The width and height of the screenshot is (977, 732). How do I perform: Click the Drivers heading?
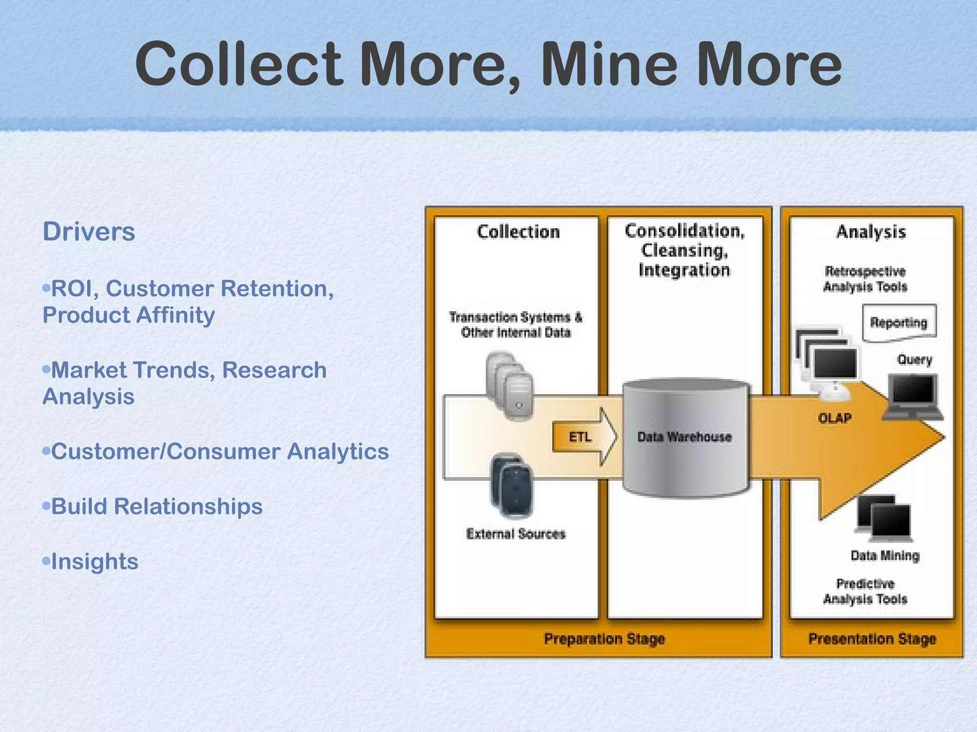(89, 232)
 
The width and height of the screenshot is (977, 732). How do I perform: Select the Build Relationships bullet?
(156, 507)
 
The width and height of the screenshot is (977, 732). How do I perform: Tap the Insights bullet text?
(94, 561)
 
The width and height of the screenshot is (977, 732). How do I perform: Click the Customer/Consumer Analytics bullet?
(219, 452)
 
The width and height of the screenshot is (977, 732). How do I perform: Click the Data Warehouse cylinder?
(685, 437)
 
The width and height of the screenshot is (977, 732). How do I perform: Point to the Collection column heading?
(518, 232)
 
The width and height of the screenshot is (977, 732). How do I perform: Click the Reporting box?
(899, 323)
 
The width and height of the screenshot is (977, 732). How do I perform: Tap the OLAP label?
(834, 418)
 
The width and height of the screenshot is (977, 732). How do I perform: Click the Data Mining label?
(885, 556)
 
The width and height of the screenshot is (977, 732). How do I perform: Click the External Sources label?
(516, 534)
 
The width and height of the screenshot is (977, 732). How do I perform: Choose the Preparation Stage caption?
(604, 639)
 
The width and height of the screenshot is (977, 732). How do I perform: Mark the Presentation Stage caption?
(872, 639)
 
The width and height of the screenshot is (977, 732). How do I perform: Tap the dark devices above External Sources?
(512, 485)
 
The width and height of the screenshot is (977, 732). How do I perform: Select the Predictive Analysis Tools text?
(865, 591)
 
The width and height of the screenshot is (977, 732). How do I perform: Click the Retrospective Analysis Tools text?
(865, 279)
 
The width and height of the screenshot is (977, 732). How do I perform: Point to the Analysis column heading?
(871, 232)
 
